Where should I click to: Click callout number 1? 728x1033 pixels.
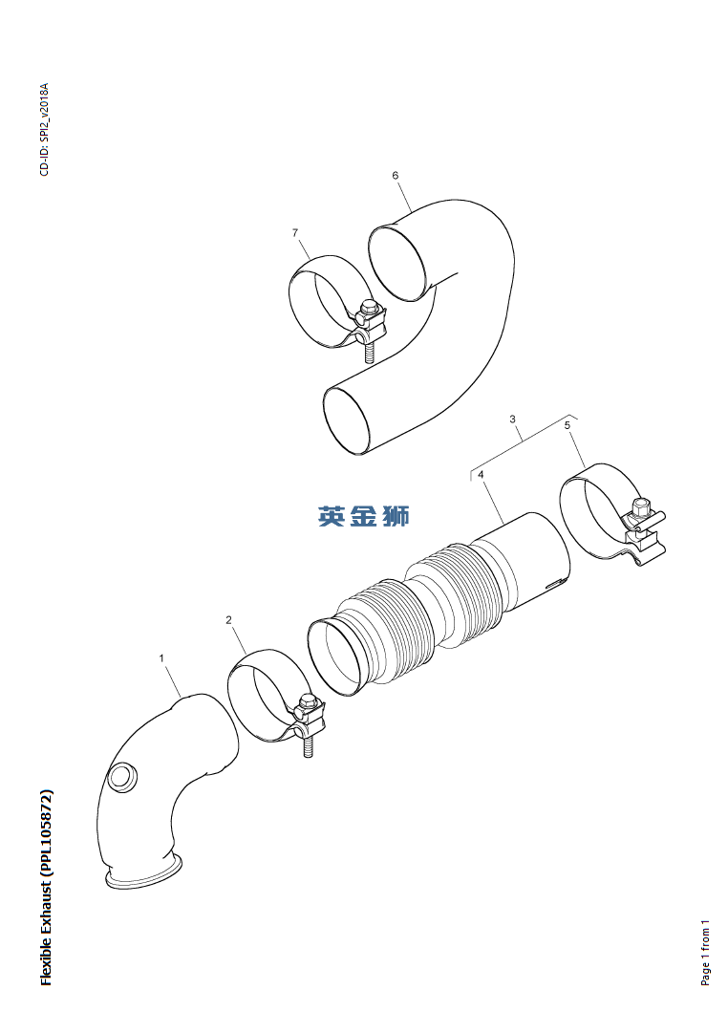coord(161,657)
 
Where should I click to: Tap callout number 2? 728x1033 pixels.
coord(228,619)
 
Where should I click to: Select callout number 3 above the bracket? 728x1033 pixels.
coord(513,419)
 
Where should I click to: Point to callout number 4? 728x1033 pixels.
coord(481,474)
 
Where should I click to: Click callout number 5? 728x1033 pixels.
coord(567,425)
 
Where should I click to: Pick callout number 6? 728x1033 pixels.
coord(396,175)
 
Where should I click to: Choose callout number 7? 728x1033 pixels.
coord(295,232)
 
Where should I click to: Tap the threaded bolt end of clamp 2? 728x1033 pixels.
coord(308,747)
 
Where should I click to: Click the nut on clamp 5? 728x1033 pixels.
coord(640,507)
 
